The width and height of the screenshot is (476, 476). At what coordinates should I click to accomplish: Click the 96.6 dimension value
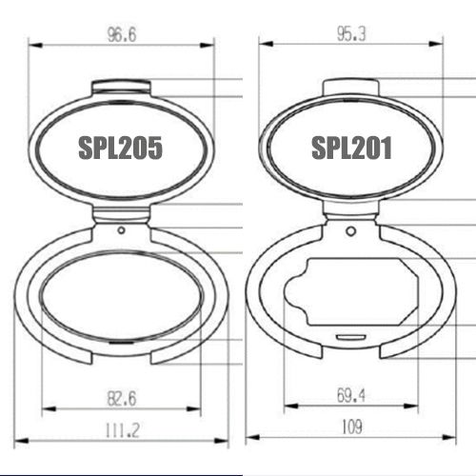click(x=122, y=34)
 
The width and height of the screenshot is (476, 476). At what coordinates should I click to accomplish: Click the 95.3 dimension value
click(x=351, y=33)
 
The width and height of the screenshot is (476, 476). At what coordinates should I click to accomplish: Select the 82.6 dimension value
click(x=122, y=399)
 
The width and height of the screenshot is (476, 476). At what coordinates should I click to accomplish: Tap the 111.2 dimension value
click(x=122, y=430)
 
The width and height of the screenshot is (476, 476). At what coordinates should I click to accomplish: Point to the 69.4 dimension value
click(x=351, y=396)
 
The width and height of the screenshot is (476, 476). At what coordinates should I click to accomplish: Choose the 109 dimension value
click(x=352, y=426)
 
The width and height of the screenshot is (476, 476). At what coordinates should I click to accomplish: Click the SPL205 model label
click(x=120, y=148)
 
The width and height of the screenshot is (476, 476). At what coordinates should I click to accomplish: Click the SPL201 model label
click(x=351, y=148)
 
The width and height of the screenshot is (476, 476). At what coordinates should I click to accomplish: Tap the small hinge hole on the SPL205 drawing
click(x=121, y=230)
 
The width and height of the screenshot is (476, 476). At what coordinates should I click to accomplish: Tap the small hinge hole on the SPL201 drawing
click(x=350, y=231)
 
